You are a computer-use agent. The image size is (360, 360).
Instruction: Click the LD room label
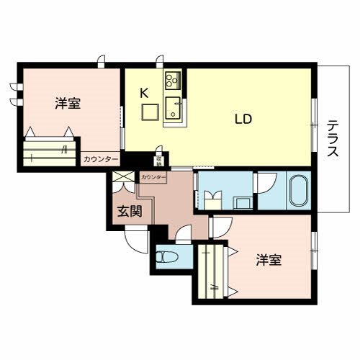coord(242,120)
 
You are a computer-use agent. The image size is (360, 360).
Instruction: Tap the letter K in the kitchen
coord(143,92)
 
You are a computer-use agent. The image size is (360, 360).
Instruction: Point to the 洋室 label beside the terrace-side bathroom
coord(268,260)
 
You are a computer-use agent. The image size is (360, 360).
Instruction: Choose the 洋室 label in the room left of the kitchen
coord(67,104)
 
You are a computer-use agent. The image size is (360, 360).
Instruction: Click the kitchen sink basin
coord(174,110)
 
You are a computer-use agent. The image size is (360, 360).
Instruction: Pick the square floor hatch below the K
coord(150,113)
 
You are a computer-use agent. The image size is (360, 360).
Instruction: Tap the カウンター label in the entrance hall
coord(153,176)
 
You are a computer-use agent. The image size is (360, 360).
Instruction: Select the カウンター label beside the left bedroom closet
coord(100,159)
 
